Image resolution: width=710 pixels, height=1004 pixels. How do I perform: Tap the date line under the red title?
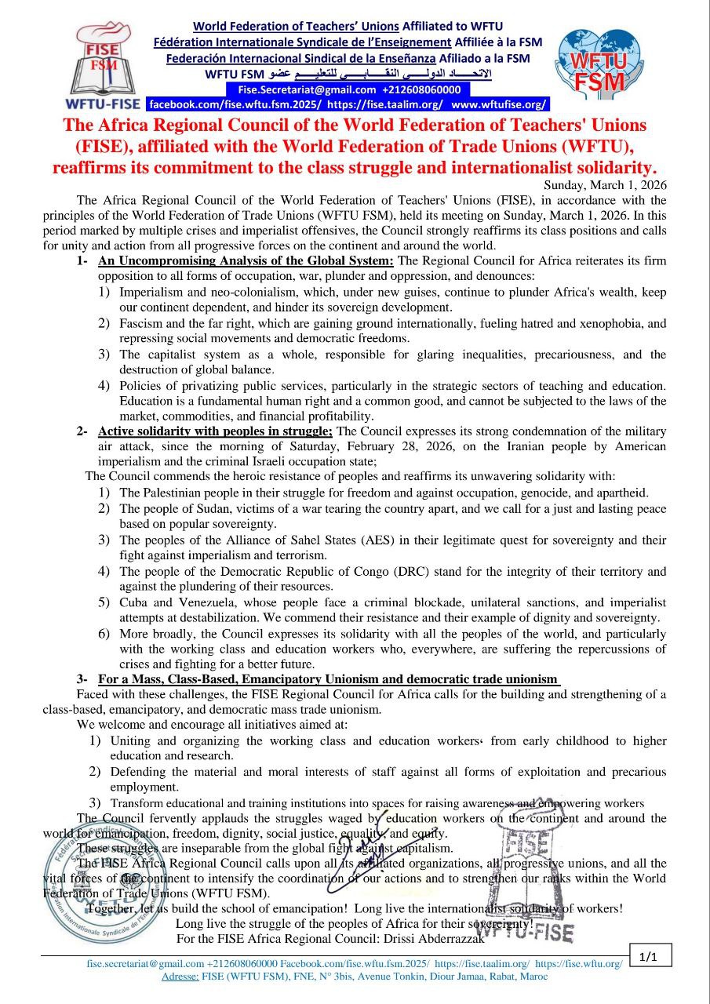point(605,185)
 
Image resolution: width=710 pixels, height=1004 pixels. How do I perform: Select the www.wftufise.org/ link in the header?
point(499,104)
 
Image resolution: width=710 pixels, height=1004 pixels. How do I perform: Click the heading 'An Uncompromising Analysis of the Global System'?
point(246,260)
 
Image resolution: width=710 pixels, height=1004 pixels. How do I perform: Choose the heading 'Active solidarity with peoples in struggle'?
point(215,431)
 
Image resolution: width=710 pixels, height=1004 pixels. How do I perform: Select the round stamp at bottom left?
point(89,882)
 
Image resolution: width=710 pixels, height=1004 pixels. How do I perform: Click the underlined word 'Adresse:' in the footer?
point(179,977)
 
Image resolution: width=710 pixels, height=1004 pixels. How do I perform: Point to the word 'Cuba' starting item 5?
point(134,602)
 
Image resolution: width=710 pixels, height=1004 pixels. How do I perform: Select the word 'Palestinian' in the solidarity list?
point(173,493)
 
